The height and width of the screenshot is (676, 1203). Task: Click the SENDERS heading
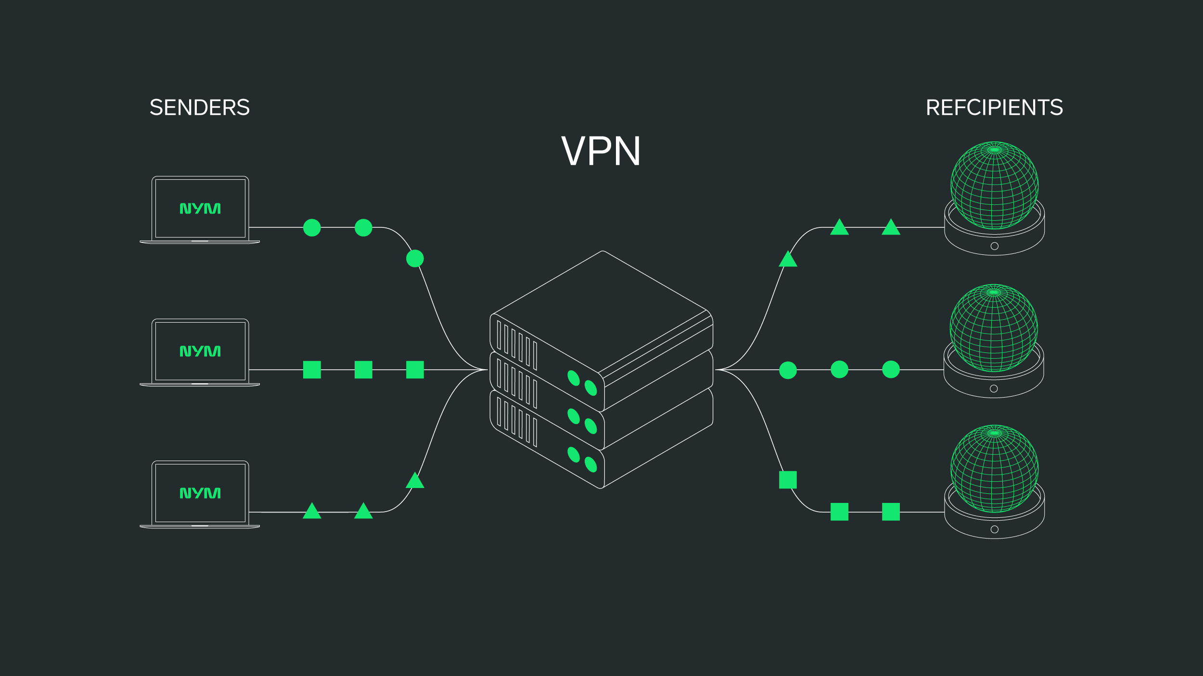[200, 107]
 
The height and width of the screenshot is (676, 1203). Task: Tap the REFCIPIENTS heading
[994, 107]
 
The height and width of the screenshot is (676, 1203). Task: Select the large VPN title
[601, 151]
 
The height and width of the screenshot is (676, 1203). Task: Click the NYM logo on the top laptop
[200, 208]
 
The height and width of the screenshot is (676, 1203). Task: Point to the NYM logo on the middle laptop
[200, 351]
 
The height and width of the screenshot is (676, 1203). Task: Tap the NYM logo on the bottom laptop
[200, 493]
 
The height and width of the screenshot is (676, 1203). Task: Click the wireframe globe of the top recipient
[994, 185]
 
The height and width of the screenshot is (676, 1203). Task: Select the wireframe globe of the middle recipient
[993, 328]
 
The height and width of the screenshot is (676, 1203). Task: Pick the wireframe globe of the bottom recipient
[994, 468]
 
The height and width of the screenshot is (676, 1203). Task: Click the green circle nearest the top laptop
[312, 227]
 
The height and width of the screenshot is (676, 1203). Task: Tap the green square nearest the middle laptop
[312, 370]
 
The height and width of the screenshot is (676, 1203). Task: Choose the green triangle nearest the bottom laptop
[312, 512]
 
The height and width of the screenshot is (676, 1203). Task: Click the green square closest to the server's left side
[415, 370]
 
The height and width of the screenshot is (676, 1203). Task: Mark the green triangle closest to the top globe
[891, 227]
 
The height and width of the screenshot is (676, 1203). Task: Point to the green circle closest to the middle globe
[891, 369]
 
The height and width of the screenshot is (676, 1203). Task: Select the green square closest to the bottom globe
[891, 512]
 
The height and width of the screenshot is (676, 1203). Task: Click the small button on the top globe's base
[995, 246]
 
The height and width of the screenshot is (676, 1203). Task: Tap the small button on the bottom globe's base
[995, 529]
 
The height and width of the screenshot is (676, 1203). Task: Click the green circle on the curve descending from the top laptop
[415, 258]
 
